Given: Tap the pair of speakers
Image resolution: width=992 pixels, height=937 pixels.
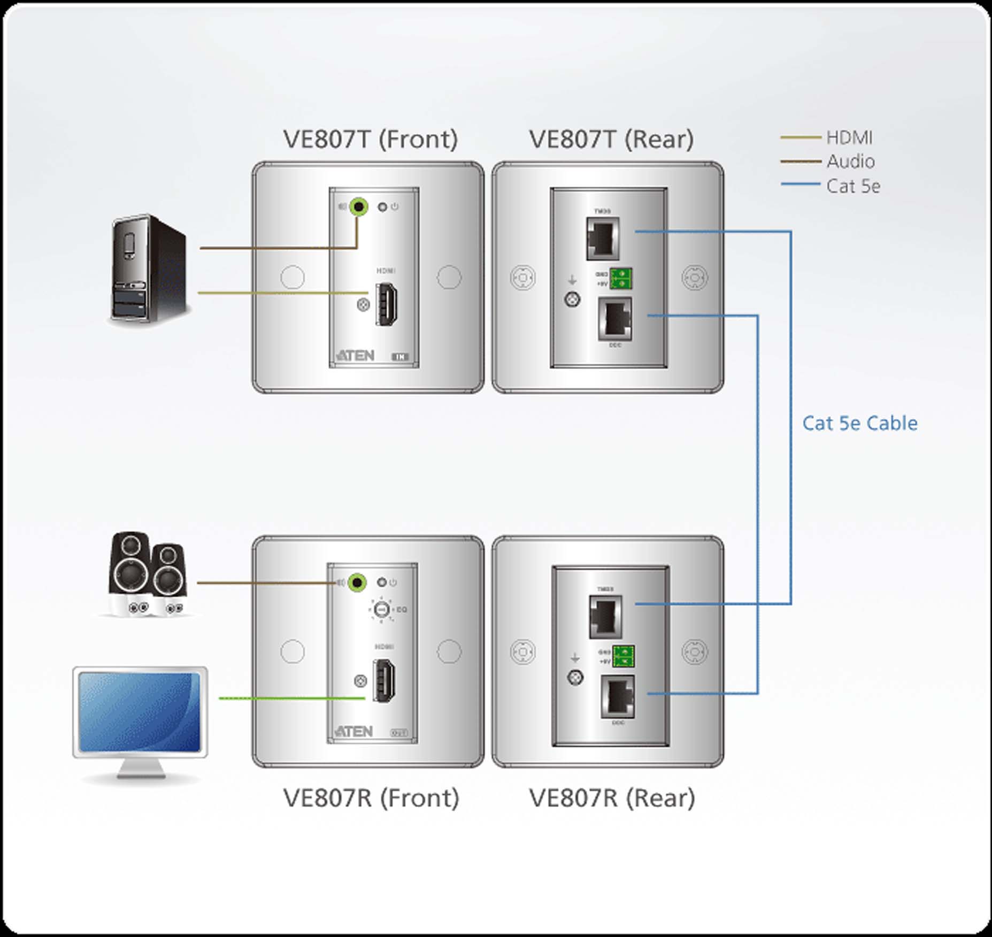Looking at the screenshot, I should coord(147,575).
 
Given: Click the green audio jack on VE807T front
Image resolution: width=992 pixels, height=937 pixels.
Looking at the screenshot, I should coord(358,206).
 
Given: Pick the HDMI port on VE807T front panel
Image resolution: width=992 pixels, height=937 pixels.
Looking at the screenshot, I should coord(385,304).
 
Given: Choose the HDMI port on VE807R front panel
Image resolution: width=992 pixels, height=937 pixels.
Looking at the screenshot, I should coord(384,681).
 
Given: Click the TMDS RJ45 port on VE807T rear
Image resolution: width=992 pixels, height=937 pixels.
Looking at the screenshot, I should coord(603,239).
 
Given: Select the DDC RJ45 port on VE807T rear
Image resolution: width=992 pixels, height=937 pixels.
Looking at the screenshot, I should coord(615,319).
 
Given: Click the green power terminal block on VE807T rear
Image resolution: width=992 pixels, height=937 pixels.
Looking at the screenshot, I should coord(621,279).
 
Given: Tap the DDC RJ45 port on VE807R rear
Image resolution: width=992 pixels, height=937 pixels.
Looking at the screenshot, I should coord(618,696).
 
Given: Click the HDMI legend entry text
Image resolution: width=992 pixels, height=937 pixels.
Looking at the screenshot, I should coord(849,138).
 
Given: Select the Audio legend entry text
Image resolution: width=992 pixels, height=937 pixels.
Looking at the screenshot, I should coord(850,162).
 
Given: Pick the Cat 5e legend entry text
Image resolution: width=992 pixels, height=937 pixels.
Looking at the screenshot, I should coord(853,186).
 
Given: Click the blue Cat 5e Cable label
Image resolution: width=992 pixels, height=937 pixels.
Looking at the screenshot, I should coord(859,423).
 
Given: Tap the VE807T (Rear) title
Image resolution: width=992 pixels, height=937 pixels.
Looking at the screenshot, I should coord(611,139).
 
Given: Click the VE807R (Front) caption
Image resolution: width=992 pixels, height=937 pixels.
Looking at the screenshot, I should coord(371,798).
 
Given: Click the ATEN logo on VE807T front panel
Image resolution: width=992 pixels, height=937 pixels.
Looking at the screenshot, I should coord(355,356).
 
